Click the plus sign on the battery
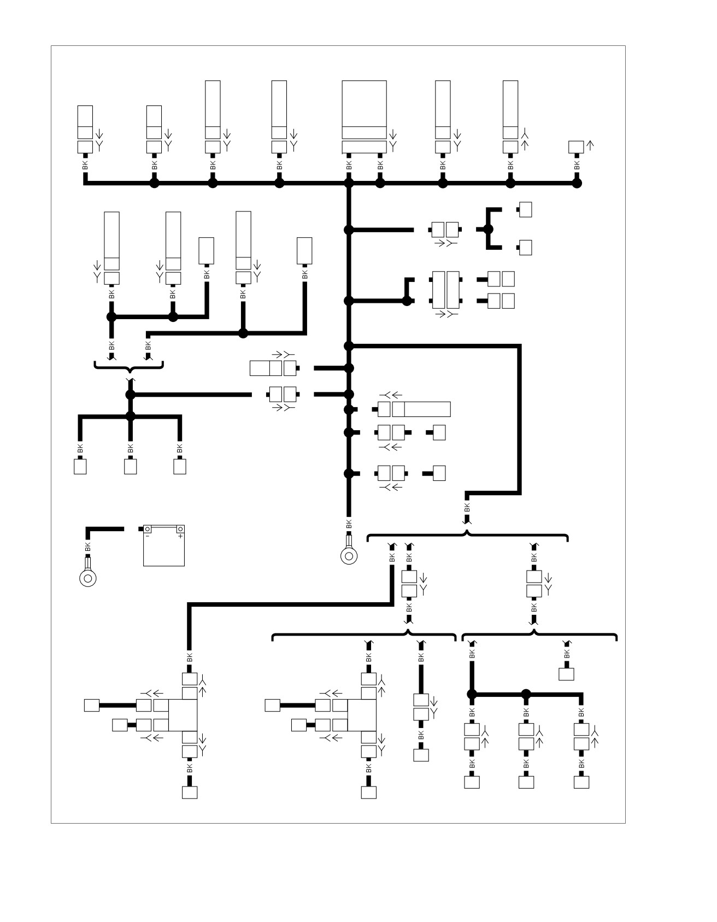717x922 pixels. click(x=180, y=536)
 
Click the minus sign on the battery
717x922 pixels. click(x=147, y=536)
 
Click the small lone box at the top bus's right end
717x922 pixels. click(x=576, y=147)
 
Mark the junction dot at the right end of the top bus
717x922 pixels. click(x=577, y=184)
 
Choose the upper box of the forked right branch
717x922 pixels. click(x=525, y=210)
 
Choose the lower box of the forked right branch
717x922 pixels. click(x=525, y=248)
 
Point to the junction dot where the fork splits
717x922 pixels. click(x=489, y=230)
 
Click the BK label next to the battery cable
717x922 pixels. click(x=87, y=547)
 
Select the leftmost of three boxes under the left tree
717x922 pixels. click(x=80, y=467)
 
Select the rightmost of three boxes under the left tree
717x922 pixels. click(x=179, y=467)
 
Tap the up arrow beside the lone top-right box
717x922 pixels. click(x=590, y=145)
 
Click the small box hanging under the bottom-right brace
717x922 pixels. click(x=566, y=673)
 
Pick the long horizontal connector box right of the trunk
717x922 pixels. click(x=421, y=409)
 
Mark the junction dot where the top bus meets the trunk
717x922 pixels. click(x=349, y=184)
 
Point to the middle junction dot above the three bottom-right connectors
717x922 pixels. click(x=526, y=694)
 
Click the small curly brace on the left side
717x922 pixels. click(x=129, y=366)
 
